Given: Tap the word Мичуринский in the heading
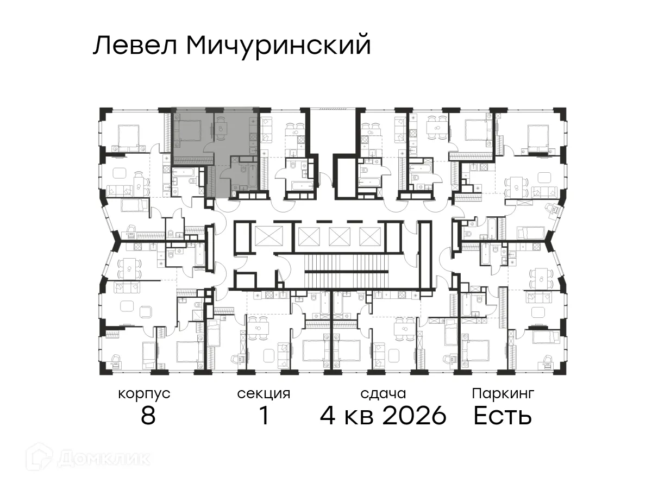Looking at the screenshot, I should tap(278, 46).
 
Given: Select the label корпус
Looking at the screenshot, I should tap(144, 393).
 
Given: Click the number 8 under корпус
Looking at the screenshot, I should tap(148, 417).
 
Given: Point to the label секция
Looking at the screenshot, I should tap(264, 393).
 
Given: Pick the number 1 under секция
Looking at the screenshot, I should tap(264, 417).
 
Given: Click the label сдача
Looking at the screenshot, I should tap(383, 393).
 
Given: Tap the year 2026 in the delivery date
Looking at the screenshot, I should tap(415, 417).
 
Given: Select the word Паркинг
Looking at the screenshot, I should tap(503, 393).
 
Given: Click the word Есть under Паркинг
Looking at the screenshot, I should tap(502, 417).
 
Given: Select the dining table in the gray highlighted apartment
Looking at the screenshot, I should tap(221, 128).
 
